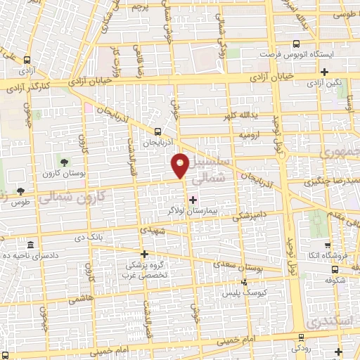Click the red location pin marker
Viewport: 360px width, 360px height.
coord(181,165)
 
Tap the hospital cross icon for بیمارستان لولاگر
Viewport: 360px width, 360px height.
coord(193,200)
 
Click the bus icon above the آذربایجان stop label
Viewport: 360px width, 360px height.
coord(158,131)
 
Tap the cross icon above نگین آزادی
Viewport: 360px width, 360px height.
coord(324,71)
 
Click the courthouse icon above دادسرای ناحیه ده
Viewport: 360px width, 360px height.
coord(30,245)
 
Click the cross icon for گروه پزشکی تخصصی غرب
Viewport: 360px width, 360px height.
coord(144,254)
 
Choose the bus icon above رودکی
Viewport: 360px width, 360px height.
coord(302,337)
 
